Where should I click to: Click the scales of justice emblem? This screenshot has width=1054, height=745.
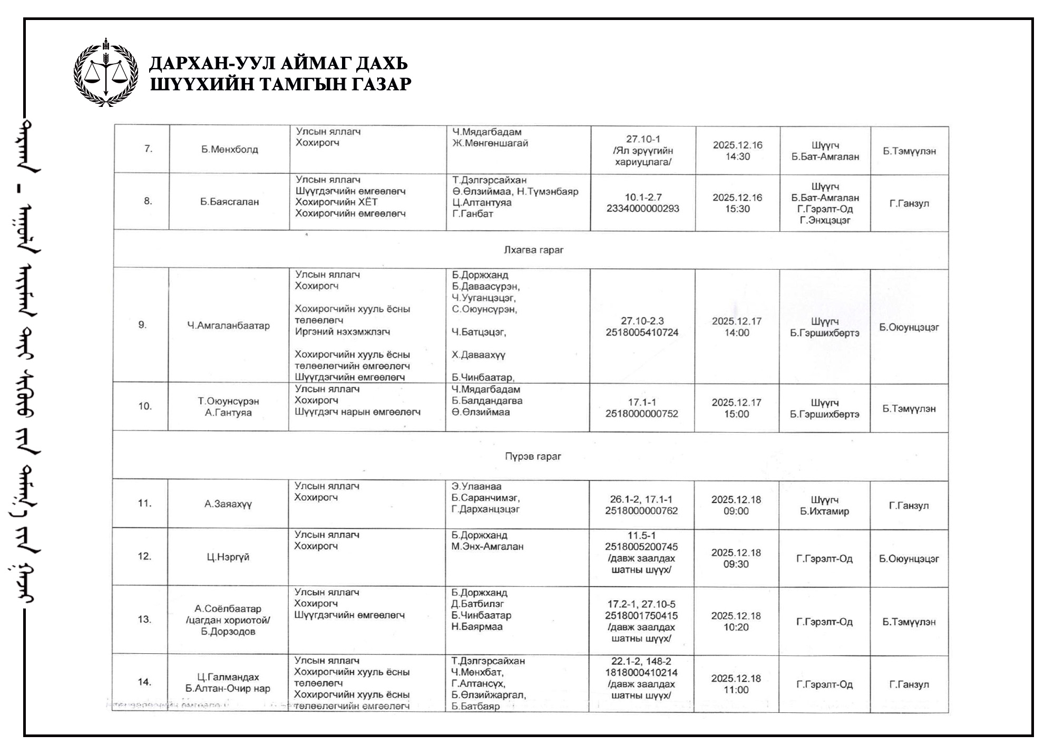[106, 72]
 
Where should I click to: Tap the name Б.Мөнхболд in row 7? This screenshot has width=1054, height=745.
[229, 150]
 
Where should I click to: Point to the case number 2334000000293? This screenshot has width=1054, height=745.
[642, 209]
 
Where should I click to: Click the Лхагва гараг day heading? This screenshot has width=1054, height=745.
[533, 250]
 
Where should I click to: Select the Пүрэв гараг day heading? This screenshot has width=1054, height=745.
[533, 456]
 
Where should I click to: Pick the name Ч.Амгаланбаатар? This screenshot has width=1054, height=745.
[228, 326]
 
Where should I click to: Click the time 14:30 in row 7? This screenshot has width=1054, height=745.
[737, 156]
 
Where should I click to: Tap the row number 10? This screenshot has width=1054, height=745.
[145, 406]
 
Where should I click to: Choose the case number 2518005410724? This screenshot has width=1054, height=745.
[642, 332]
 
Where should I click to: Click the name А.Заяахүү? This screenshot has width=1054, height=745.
[228, 504]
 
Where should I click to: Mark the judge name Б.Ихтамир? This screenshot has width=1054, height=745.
[824, 511]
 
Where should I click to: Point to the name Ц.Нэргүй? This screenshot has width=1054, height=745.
[228, 557]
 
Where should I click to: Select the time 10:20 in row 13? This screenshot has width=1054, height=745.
[736, 627]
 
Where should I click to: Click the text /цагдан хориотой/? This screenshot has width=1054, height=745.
[228, 620]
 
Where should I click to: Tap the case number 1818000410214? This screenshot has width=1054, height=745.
[641, 673]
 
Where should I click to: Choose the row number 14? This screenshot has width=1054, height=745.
[145, 682]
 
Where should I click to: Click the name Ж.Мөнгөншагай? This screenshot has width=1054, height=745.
[490, 143]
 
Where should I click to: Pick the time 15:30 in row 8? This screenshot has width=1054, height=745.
[737, 209]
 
